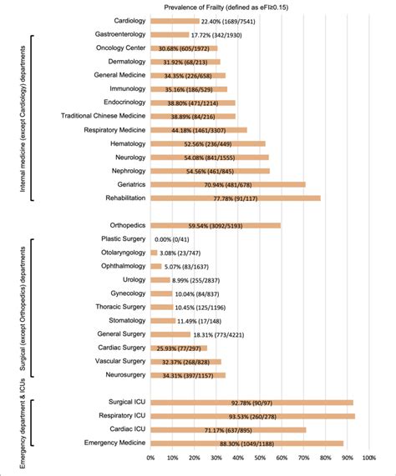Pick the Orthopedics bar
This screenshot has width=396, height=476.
coord(215,225)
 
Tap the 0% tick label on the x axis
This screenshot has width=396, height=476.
coord(150,457)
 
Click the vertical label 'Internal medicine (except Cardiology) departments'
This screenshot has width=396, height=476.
coord(18,117)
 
